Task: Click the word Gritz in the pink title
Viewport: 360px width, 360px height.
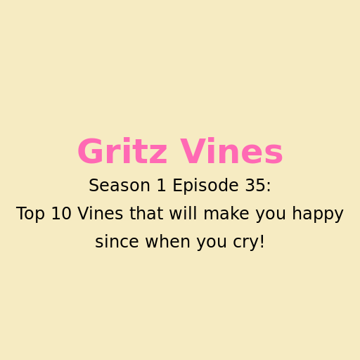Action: click(122, 151)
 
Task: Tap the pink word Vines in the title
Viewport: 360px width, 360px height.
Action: click(231, 151)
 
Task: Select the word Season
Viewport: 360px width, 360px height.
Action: click(120, 185)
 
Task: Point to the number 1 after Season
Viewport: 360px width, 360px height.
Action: click(162, 185)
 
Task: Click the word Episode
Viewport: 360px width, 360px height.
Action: click(205, 186)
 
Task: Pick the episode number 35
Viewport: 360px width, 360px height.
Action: click(254, 185)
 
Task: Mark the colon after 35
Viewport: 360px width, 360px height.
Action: click(269, 187)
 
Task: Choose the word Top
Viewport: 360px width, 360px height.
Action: click(30, 214)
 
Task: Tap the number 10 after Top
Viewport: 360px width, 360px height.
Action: click(61, 213)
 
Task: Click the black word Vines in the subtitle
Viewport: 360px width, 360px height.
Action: click(101, 213)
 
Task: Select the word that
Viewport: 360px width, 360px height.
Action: click(146, 213)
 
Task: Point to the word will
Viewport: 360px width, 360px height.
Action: click(184, 213)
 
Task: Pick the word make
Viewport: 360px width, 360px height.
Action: click(226, 213)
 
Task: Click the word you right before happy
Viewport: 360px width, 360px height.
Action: click(271, 215)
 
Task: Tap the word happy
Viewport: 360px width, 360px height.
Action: click(318, 214)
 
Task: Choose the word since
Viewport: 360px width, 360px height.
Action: click(117, 241)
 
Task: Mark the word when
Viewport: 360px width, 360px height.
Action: click(167, 241)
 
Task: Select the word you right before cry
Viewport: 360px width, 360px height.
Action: click(212, 243)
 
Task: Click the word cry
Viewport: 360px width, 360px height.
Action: click(245, 243)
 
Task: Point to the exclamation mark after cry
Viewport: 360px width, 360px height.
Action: click(262, 241)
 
